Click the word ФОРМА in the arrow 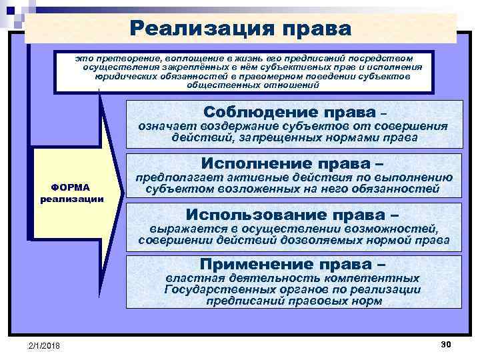pos(71,187)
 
